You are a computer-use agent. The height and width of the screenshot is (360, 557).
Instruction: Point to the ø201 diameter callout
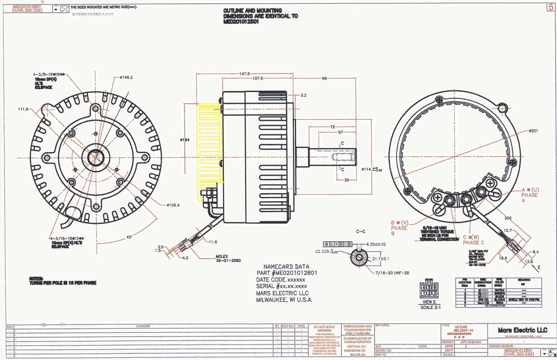click(x=533, y=131)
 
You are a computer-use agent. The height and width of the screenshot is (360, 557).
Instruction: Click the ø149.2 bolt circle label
click(x=126, y=77)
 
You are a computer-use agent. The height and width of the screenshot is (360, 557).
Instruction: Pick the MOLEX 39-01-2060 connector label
click(x=228, y=258)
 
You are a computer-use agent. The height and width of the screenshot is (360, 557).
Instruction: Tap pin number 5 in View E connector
click(x=429, y=287)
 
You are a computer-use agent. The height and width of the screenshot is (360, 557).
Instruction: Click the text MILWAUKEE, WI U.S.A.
click(x=284, y=300)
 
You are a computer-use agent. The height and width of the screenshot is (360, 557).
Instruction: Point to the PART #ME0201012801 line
click(x=286, y=273)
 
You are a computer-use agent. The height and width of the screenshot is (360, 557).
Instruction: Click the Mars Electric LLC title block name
click(x=523, y=330)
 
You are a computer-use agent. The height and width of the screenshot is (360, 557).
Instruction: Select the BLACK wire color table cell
click(x=499, y=299)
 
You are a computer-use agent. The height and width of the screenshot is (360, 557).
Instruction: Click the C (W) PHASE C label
click(x=473, y=240)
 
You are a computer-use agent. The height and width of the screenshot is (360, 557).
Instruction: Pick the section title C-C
click(x=360, y=231)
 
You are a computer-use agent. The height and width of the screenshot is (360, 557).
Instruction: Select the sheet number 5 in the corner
click(x=550, y=7)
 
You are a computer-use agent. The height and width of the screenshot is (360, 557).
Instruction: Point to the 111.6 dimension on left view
click(x=23, y=109)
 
